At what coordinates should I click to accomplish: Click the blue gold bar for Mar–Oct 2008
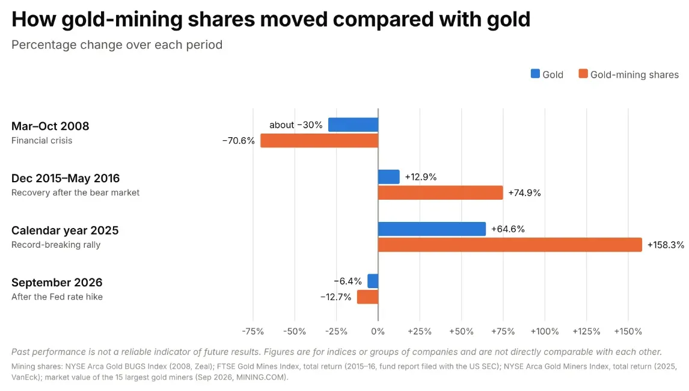tap(354, 125)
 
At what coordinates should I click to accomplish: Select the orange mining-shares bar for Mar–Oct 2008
tap(319, 141)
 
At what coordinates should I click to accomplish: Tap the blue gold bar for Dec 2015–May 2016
tap(389, 177)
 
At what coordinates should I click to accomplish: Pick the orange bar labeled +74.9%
tap(440, 192)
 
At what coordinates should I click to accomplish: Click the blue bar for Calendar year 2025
tap(432, 229)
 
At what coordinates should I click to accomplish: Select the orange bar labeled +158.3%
tap(510, 245)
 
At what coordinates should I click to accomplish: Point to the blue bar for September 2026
tap(373, 281)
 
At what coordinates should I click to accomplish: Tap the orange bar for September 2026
tap(368, 297)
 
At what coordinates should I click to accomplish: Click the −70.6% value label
tap(239, 141)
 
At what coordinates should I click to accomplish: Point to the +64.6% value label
tap(508, 229)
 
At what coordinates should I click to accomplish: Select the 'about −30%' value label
tap(296, 125)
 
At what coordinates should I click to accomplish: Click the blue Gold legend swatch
tap(535, 74)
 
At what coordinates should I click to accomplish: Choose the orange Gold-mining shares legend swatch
tap(583, 74)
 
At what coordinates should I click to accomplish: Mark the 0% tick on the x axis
tap(378, 331)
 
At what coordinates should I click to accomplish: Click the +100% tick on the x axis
tap(545, 331)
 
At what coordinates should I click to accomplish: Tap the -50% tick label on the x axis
tap(295, 331)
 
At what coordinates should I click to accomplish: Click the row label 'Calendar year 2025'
tap(65, 230)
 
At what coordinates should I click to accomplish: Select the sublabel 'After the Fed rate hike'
tap(57, 297)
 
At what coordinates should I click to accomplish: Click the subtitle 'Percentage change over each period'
tap(117, 45)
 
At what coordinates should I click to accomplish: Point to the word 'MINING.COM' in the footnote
tap(261, 377)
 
